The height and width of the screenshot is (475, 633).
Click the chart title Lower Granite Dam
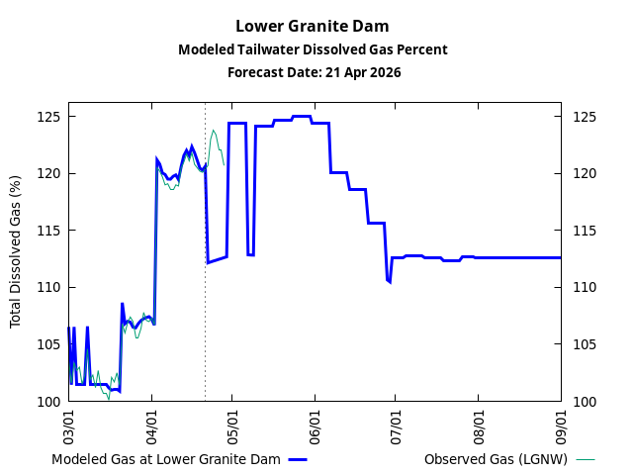click(x=313, y=26)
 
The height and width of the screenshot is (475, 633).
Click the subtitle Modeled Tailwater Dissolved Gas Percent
click(x=313, y=49)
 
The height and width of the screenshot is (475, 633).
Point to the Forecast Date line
click(x=313, y=72)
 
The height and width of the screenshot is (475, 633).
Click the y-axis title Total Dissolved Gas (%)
click(x=15, y=251)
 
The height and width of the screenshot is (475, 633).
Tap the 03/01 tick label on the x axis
click(x=69, y=422)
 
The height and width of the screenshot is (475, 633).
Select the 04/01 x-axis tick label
click(x=151, y=422)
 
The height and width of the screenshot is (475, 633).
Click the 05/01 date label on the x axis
click(x=231, y=422)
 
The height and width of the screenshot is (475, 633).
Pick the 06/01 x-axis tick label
click(x=314, y=422)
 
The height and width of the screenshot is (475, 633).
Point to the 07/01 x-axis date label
click(x=394, y=422)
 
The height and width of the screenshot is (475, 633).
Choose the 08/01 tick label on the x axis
click(x=478, y=422)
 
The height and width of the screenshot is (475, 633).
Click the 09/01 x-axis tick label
click(x=560, y=422)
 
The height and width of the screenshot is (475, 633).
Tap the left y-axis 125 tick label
click(x=50, y=117)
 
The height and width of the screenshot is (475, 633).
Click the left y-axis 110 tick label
click(x=50, y=287)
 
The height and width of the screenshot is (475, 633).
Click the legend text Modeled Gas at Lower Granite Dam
click(x=165, y=459)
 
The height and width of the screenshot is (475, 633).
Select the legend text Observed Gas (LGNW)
click(x=497, y=459)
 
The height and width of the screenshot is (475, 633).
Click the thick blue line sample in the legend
click(x=298, y=459)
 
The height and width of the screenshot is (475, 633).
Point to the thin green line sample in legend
click(x=586, y=459)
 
